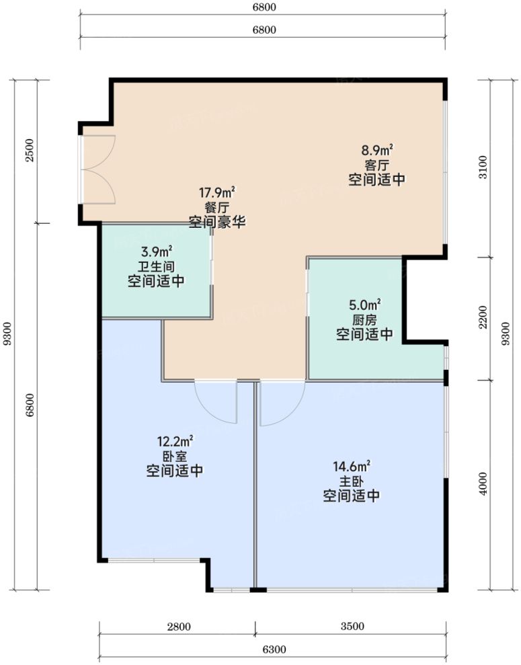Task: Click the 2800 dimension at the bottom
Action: (179, 627)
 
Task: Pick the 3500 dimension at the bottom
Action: (352, 627)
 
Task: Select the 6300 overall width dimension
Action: (274, 650)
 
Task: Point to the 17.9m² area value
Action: (217, 193)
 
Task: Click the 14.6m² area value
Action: (352, 467)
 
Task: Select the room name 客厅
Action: (377, 165)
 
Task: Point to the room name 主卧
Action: (352, 481)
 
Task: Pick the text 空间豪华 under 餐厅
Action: (217, 222)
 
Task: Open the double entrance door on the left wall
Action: (98, 169)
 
